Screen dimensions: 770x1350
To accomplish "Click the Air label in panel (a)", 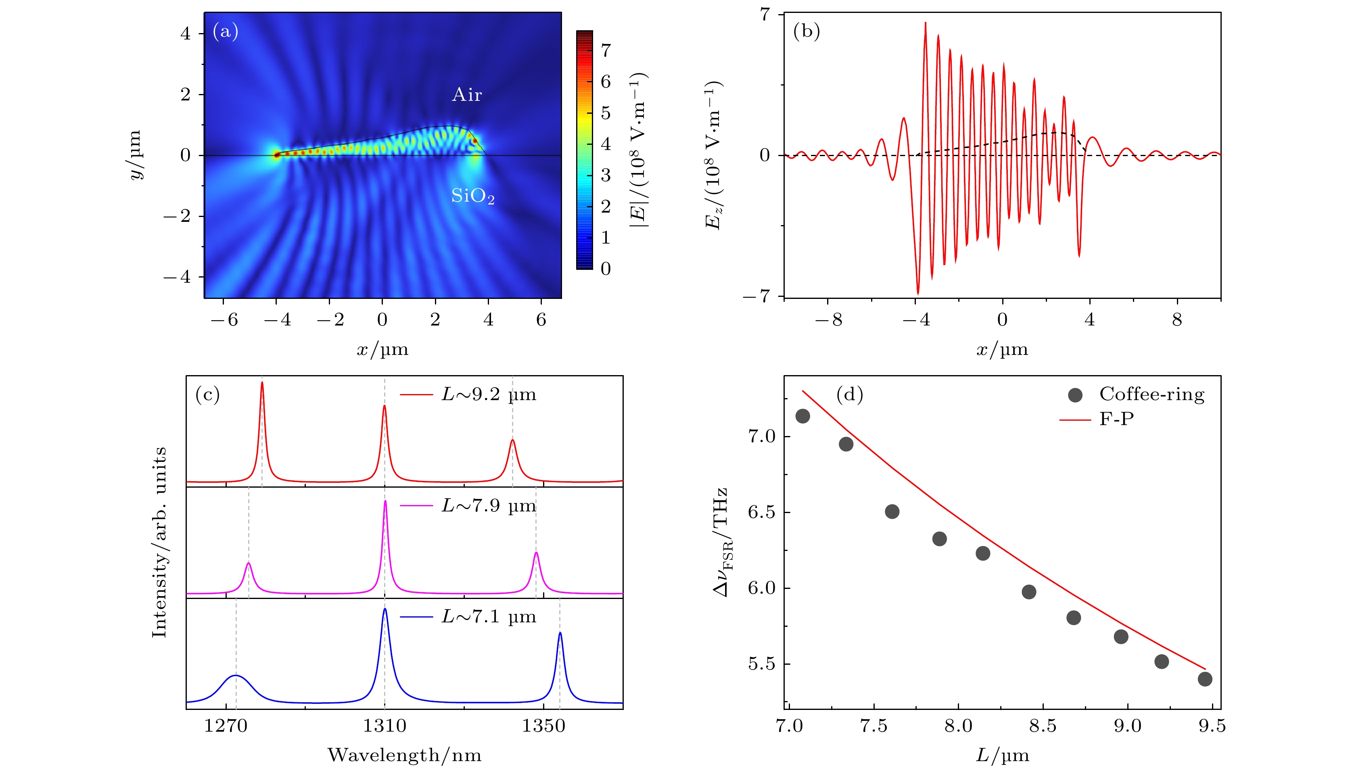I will click(x=466, y=95).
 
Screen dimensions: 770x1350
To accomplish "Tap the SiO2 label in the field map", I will click(x=472, y=196).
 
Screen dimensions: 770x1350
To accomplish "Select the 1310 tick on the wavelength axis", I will click(x=385, y=726).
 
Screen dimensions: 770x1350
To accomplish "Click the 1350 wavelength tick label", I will click(x=543, y=726).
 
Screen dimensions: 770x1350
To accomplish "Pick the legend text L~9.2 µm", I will click(x=489, y=394).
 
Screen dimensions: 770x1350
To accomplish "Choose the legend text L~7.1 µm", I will click(x=489, y=617).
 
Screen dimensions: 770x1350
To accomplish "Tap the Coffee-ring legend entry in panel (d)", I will click(x=1151, y=394).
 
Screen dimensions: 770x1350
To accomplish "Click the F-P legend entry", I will click(x=1116, y=419).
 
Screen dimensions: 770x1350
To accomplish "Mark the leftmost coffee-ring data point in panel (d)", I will click(x=802, y=416).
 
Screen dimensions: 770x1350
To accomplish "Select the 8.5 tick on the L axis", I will click(x=1043, y=726).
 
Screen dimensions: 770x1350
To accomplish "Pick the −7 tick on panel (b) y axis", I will click(x=761, y=296).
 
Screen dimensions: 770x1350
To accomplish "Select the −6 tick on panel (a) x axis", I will click(x=224, y=319).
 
